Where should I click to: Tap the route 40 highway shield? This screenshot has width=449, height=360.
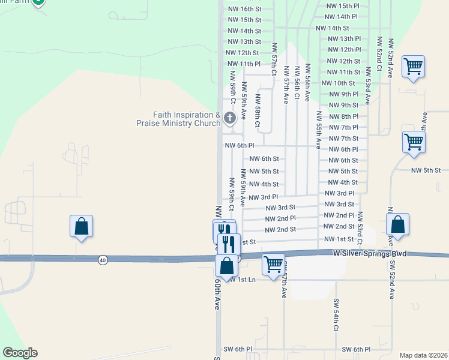(103, 259)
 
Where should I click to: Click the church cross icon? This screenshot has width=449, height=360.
(229, 118)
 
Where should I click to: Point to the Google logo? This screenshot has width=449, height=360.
(20, 353)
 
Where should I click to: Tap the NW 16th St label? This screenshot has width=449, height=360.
(244, 9)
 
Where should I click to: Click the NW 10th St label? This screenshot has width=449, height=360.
(338, 83)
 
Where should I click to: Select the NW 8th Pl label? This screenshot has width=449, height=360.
(344, 116)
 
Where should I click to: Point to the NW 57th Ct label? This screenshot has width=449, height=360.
(274, 58)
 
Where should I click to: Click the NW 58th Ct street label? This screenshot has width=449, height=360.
(257, 111)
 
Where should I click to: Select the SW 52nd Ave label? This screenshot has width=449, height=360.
(391, 280)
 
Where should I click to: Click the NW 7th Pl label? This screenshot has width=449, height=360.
(344, 127)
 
